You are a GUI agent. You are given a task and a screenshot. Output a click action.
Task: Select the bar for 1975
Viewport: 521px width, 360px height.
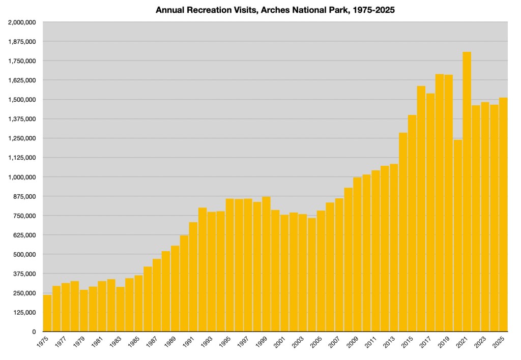tap(47, 313)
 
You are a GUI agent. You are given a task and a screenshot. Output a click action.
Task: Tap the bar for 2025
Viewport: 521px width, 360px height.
tap(503, 214)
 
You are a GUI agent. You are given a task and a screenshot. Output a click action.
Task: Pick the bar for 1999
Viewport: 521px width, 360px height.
tap(266, 264)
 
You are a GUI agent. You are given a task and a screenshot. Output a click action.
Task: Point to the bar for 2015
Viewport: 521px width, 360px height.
tap(412, 223)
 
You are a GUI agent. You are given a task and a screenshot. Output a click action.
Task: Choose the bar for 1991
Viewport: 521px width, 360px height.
tap(193, 277)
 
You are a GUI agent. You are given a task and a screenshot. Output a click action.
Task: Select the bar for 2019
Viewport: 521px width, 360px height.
tap(448, 203)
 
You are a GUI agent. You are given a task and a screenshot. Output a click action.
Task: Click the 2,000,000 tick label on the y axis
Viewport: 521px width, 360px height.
tap(21, 22)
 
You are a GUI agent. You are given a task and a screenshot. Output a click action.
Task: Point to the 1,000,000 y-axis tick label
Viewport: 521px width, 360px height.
tap(21, 177)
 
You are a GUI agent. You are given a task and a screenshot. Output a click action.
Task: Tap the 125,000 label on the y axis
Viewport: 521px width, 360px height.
tap(24, 312)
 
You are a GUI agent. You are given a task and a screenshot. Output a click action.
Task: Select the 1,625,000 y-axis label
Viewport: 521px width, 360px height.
tap(21, 80)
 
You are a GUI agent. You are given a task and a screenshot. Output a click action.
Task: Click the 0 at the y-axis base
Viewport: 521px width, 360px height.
tap(34, 332)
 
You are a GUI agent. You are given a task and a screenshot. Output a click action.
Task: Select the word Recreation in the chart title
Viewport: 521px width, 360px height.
tap(203, 10)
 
